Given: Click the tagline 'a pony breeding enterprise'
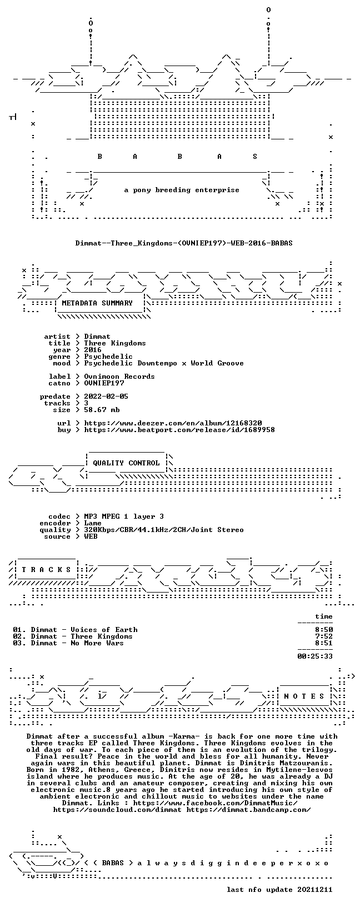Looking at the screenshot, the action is click(182, 190).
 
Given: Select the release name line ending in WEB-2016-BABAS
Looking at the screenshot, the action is click(184, 243).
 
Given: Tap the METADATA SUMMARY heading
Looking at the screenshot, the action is click(97, 303).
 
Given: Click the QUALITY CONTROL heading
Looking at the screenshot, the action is click(126, 463).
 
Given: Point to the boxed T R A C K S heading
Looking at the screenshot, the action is click(46, 570).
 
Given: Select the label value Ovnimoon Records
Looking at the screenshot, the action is click(119, 377).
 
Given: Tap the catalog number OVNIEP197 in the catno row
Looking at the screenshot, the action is click(104, 383).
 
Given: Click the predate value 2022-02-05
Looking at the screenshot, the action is click(106, 397).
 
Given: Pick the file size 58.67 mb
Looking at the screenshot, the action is click(102, 410).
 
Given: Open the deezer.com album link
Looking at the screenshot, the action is click(173, 423).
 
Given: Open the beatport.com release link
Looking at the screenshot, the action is click(179, 430).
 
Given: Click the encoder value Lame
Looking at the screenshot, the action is click(93, 523).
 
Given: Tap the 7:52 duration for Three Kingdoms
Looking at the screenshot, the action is click(324, 636).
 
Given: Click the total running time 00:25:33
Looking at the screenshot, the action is click(315, 656).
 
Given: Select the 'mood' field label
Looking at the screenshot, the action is click(62, 363).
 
